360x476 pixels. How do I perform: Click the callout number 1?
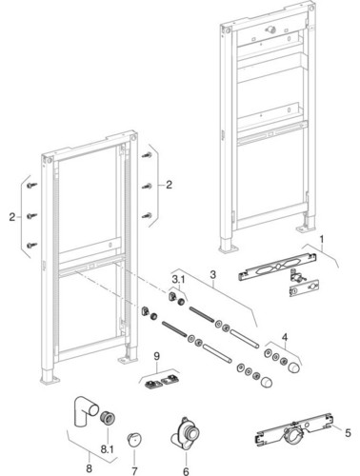322,239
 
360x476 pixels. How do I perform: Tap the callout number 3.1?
178,279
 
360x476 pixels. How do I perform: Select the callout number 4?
285,337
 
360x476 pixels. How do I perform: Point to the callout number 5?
348,432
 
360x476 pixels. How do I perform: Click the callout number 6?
186,471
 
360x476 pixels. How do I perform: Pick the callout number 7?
134,471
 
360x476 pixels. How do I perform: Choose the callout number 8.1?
107,449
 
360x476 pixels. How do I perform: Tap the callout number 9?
157,356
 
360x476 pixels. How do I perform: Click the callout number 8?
89,467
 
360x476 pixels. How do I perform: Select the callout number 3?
213,274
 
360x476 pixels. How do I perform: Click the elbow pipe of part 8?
86,411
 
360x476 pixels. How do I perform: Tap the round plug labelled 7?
134,440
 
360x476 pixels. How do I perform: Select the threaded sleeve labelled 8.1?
108,419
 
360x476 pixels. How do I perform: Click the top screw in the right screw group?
147,155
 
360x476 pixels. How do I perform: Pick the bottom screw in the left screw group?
32,245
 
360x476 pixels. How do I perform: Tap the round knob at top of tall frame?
271,30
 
